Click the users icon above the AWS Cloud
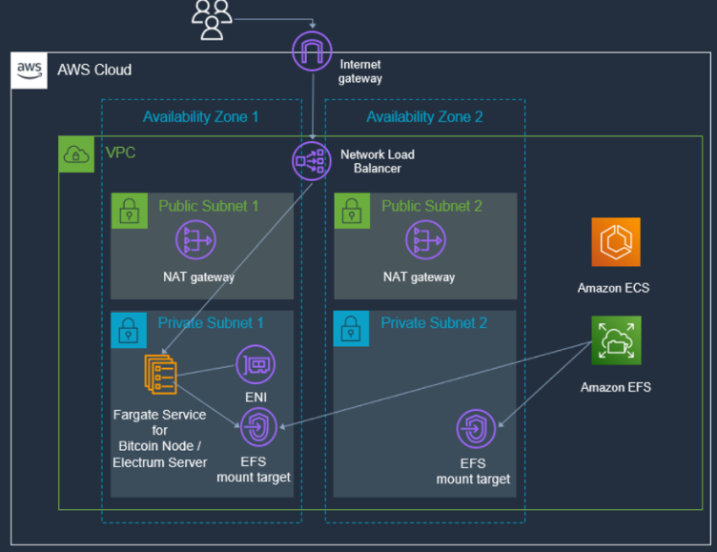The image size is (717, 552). pos(212,20)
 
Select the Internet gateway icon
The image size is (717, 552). pos(312,51)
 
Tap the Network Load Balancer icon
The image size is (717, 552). pos(312,161)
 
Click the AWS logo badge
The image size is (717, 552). pos(30,71)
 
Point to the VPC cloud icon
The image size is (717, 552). pos(76,154)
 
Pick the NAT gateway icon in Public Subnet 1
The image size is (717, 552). pos(195,239)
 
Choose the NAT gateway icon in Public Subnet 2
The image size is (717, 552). pos(425,239)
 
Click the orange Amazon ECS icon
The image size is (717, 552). pos(616,242)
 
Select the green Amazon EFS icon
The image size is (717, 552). pos(616,340)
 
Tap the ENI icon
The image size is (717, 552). pos(256,364)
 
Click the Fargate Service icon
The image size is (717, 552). pos(160,374)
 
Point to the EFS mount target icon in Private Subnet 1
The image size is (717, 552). pos(258,427)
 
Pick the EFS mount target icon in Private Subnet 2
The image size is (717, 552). pos(476,429)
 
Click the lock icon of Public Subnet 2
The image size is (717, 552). pos(352,211)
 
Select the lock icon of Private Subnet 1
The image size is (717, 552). pos(129,330)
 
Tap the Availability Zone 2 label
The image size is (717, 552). pos(424,116)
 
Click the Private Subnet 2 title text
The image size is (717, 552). pos(434,323)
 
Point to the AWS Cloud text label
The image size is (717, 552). pos(94,70)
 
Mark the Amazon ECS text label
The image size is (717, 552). pos(613,288)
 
